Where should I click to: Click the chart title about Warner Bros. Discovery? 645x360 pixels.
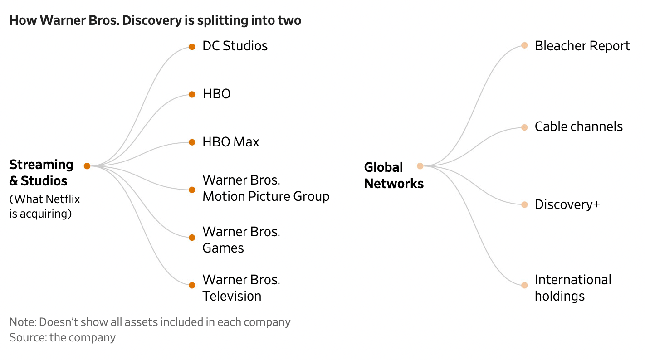click(x=155, y=21)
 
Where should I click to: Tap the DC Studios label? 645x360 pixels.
click(x=235, y=46)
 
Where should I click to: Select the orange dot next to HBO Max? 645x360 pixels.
click(x=192, y=142)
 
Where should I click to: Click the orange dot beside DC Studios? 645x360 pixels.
click(x=192, y=47)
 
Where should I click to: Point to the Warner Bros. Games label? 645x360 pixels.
click(x=241, y=240)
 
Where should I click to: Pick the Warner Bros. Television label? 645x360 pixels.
click(x=241, y=288)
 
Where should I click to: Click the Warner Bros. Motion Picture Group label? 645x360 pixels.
click(x=265, y=188)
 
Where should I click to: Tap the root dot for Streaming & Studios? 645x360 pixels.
click(x=87, y=166)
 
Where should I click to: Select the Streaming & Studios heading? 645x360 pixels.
click(x=41, y=173)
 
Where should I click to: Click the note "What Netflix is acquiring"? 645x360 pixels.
click(x=44, y=206)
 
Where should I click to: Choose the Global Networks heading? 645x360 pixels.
click(x=394, y=175)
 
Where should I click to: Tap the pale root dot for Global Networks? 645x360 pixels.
click(x=420, y=166)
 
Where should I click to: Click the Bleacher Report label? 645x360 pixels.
click(x=582, y=46)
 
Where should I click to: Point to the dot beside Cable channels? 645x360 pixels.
click(x=524, y=127)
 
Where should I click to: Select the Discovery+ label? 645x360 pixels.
click(x=567, y=204)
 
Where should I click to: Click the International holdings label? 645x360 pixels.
click(x=572, y=288)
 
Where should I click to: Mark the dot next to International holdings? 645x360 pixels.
click(x=524, y=286)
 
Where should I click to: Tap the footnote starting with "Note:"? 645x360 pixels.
click(x=150, y=322)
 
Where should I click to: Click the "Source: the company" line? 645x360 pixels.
click(x=62, y=338)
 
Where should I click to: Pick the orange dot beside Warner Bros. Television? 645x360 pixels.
click(x=192, y=285)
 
